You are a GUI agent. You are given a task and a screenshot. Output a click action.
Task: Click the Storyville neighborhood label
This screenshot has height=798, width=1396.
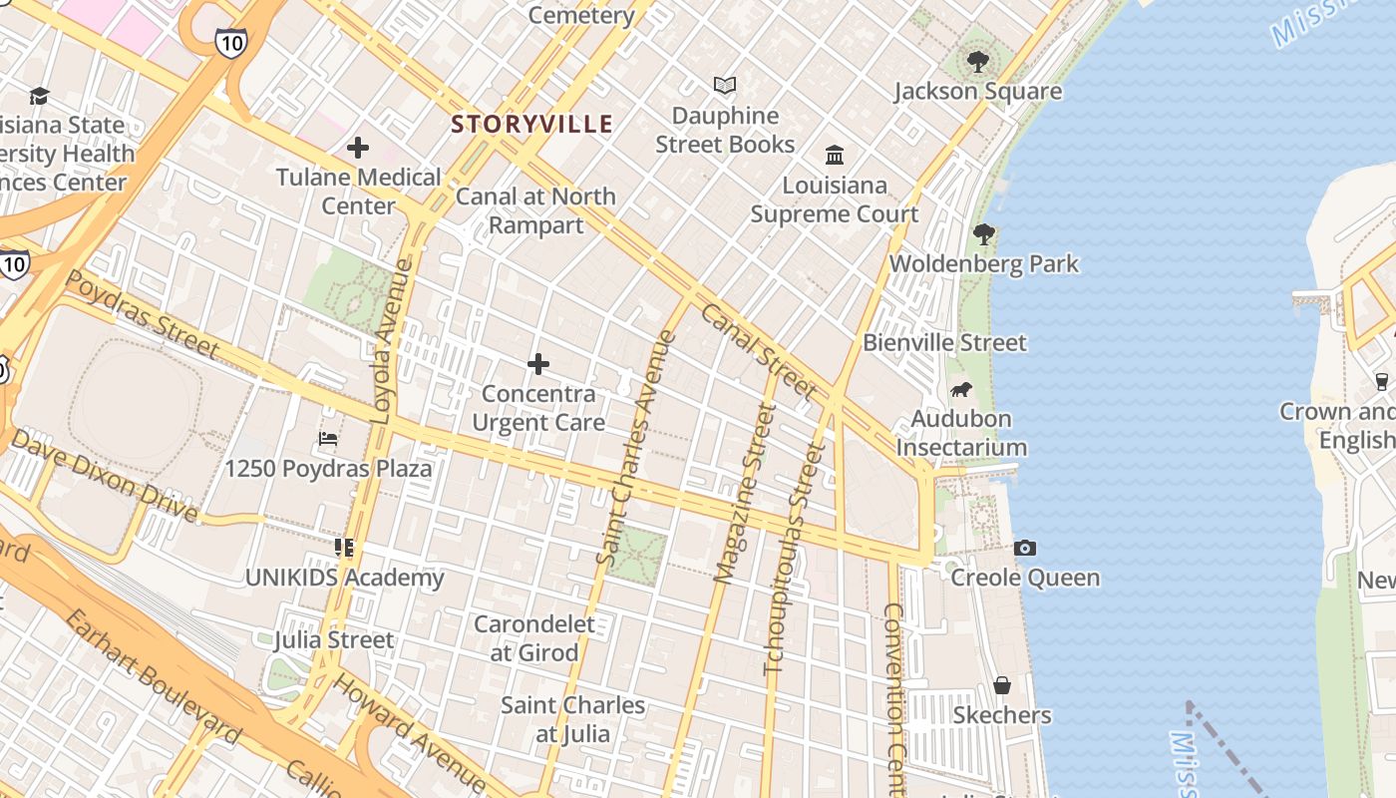click(531, 125)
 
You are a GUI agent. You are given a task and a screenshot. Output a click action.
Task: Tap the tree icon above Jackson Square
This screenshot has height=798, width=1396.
click(977, 62)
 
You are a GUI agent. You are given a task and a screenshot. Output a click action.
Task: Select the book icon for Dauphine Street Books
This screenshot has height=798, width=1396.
click(725, 87)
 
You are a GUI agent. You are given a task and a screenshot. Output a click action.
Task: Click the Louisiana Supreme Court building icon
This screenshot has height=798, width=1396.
click(835, 156)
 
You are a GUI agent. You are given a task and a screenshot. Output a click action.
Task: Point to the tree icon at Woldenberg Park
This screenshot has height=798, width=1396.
click(984, 234)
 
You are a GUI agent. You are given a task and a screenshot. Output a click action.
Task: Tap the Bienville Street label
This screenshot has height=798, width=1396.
click(944, 343)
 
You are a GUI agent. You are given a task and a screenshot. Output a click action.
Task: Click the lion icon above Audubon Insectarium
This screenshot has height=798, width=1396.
click(961, 389)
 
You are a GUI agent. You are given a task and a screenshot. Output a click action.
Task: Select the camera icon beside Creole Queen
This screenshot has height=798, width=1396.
click(1024, 548)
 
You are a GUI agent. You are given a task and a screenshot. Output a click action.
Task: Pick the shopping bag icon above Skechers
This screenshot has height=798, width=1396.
click(1002, 685)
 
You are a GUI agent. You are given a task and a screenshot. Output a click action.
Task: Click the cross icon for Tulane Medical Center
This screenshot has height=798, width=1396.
click(358, 149)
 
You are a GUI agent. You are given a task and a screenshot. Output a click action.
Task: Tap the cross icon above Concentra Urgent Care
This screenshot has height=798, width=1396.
click(538, 364)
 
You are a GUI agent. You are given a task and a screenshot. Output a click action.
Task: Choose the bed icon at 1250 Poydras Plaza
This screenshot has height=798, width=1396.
click(328, 439)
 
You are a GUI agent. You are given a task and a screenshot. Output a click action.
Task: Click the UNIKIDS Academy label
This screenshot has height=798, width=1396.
click(345, 578)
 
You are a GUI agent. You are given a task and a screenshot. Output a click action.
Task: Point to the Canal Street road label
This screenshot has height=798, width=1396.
click(758, 351)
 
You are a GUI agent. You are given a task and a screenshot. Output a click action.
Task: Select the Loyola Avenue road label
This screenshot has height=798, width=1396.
click(391, 341)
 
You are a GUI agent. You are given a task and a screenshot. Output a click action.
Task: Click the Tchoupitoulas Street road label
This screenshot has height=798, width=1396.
click(795, 559)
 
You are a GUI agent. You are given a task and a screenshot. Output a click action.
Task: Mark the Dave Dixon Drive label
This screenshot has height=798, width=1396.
click(105, 476)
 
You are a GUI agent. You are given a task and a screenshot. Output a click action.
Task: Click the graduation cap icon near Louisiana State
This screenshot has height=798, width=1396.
click(39, 96)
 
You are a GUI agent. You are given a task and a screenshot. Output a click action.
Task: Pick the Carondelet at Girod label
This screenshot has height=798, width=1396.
click(534, 638)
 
